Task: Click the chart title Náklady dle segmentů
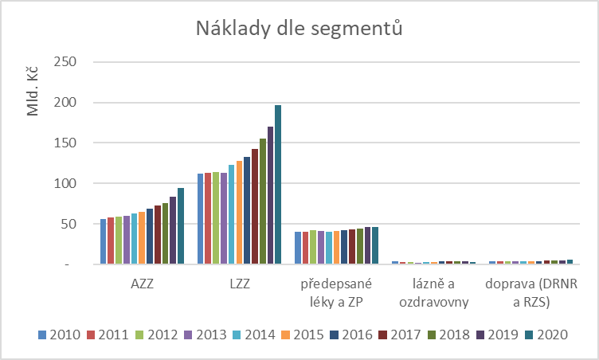(x=299, y=29)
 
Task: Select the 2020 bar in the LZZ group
(x=278, y=184)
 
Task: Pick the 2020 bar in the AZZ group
(x=181, y=225)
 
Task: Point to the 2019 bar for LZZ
(x=270, y=195)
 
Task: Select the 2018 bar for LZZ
(x=263, y=201)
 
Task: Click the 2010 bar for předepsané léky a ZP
(x=298, y=248)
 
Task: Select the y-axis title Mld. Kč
(x=34, y=92)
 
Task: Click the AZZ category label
(x=142, y=284)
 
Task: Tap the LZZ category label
(x=239, y=284)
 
